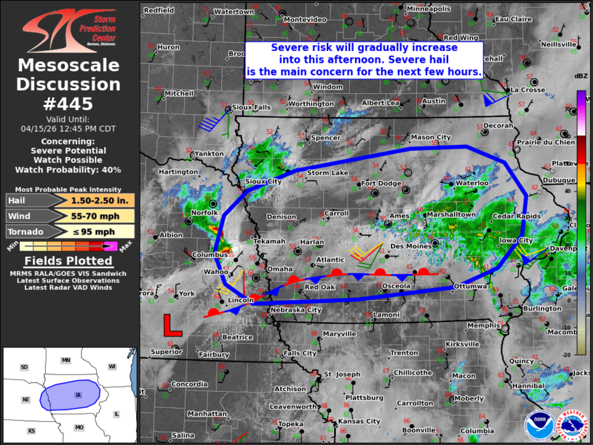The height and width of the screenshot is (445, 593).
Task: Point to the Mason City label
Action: tap(431, 137)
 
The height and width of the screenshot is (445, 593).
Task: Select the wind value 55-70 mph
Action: tap(100, 216)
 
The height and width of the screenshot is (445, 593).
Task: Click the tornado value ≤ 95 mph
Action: tap(100, 232)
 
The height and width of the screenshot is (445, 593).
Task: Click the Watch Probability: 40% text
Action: tap(68, 170)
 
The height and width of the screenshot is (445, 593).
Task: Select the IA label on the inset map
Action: tap(78, 395)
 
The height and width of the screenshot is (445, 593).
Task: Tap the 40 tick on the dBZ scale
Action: tap(584, 192)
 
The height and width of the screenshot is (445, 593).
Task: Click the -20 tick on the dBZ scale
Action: tap(584, 353)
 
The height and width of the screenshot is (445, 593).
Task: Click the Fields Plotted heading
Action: tap(68, 261)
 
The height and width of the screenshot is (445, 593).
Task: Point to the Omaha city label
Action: tap(279, 269)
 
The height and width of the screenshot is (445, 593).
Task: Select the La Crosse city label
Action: tap(528, 90)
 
